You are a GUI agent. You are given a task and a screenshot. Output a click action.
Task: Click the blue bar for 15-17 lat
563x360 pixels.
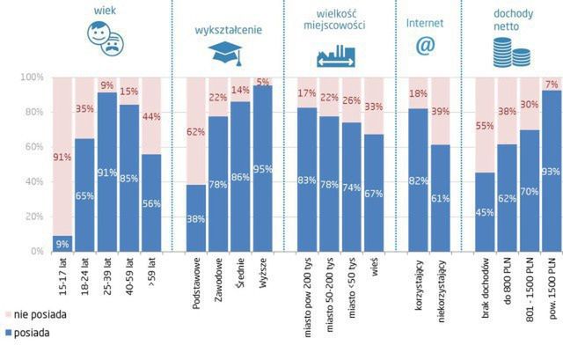(62, 244)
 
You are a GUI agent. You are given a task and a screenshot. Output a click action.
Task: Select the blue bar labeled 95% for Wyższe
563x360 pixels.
(262, 168)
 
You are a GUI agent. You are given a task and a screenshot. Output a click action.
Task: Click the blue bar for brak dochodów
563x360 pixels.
(484, 212)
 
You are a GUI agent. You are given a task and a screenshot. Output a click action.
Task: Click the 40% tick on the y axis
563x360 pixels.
(33, 182)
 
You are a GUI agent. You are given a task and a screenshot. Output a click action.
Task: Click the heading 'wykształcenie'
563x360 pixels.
(229, 29)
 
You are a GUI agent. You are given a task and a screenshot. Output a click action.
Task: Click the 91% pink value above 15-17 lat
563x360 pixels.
(62, 158)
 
